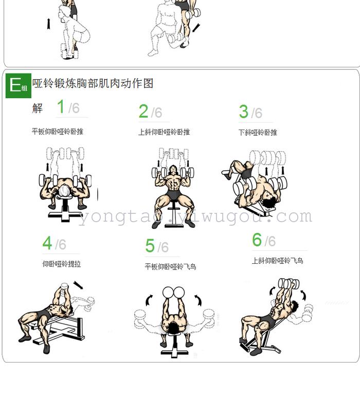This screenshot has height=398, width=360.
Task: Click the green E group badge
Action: coord(19,85)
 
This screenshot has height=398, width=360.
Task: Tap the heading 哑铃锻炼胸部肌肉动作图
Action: coord(93,83)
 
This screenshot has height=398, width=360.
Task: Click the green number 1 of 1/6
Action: coord(61,106)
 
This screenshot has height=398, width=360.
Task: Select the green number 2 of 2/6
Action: coord(143,111)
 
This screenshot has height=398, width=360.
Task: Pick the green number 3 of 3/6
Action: coord(243,112)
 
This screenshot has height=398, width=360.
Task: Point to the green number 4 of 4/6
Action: coord(47,243)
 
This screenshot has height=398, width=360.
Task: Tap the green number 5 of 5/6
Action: coord(150,245)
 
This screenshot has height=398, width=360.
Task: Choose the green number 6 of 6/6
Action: coord(257,240)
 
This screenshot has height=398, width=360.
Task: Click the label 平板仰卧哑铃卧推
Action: coord(58,132)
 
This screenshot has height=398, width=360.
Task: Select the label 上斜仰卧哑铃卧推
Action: coord(164,132)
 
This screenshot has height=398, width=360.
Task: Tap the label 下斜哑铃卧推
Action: coord(258,133)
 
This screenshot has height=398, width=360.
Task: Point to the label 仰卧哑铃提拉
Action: coord(62,264)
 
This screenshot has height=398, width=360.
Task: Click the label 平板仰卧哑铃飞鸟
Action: coord(170,266)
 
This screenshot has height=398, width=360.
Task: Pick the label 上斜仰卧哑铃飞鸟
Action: coord(278,261)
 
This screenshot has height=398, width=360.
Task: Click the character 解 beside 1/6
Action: coord(38,108)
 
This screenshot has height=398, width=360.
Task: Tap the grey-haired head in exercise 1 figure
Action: coord(64,191)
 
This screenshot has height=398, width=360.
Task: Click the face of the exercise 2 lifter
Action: coord(173,170)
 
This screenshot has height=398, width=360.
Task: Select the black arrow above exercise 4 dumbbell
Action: coord(78,285)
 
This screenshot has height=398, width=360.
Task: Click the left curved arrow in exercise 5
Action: coord(149,300)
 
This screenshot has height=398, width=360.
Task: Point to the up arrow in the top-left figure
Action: coord(48,24)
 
